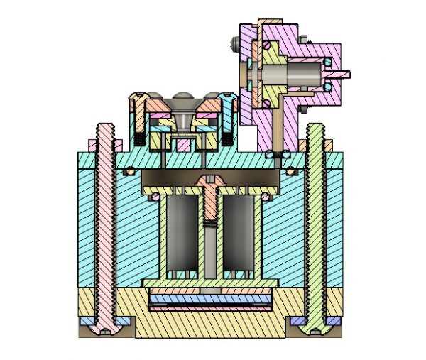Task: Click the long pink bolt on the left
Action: [106, 213]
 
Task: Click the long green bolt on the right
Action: [315, 213]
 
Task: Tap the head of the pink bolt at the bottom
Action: [106, 327]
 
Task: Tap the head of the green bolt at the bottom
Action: [315, 327]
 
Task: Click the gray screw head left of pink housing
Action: [234, 46]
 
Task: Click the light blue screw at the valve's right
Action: [229, 117]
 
